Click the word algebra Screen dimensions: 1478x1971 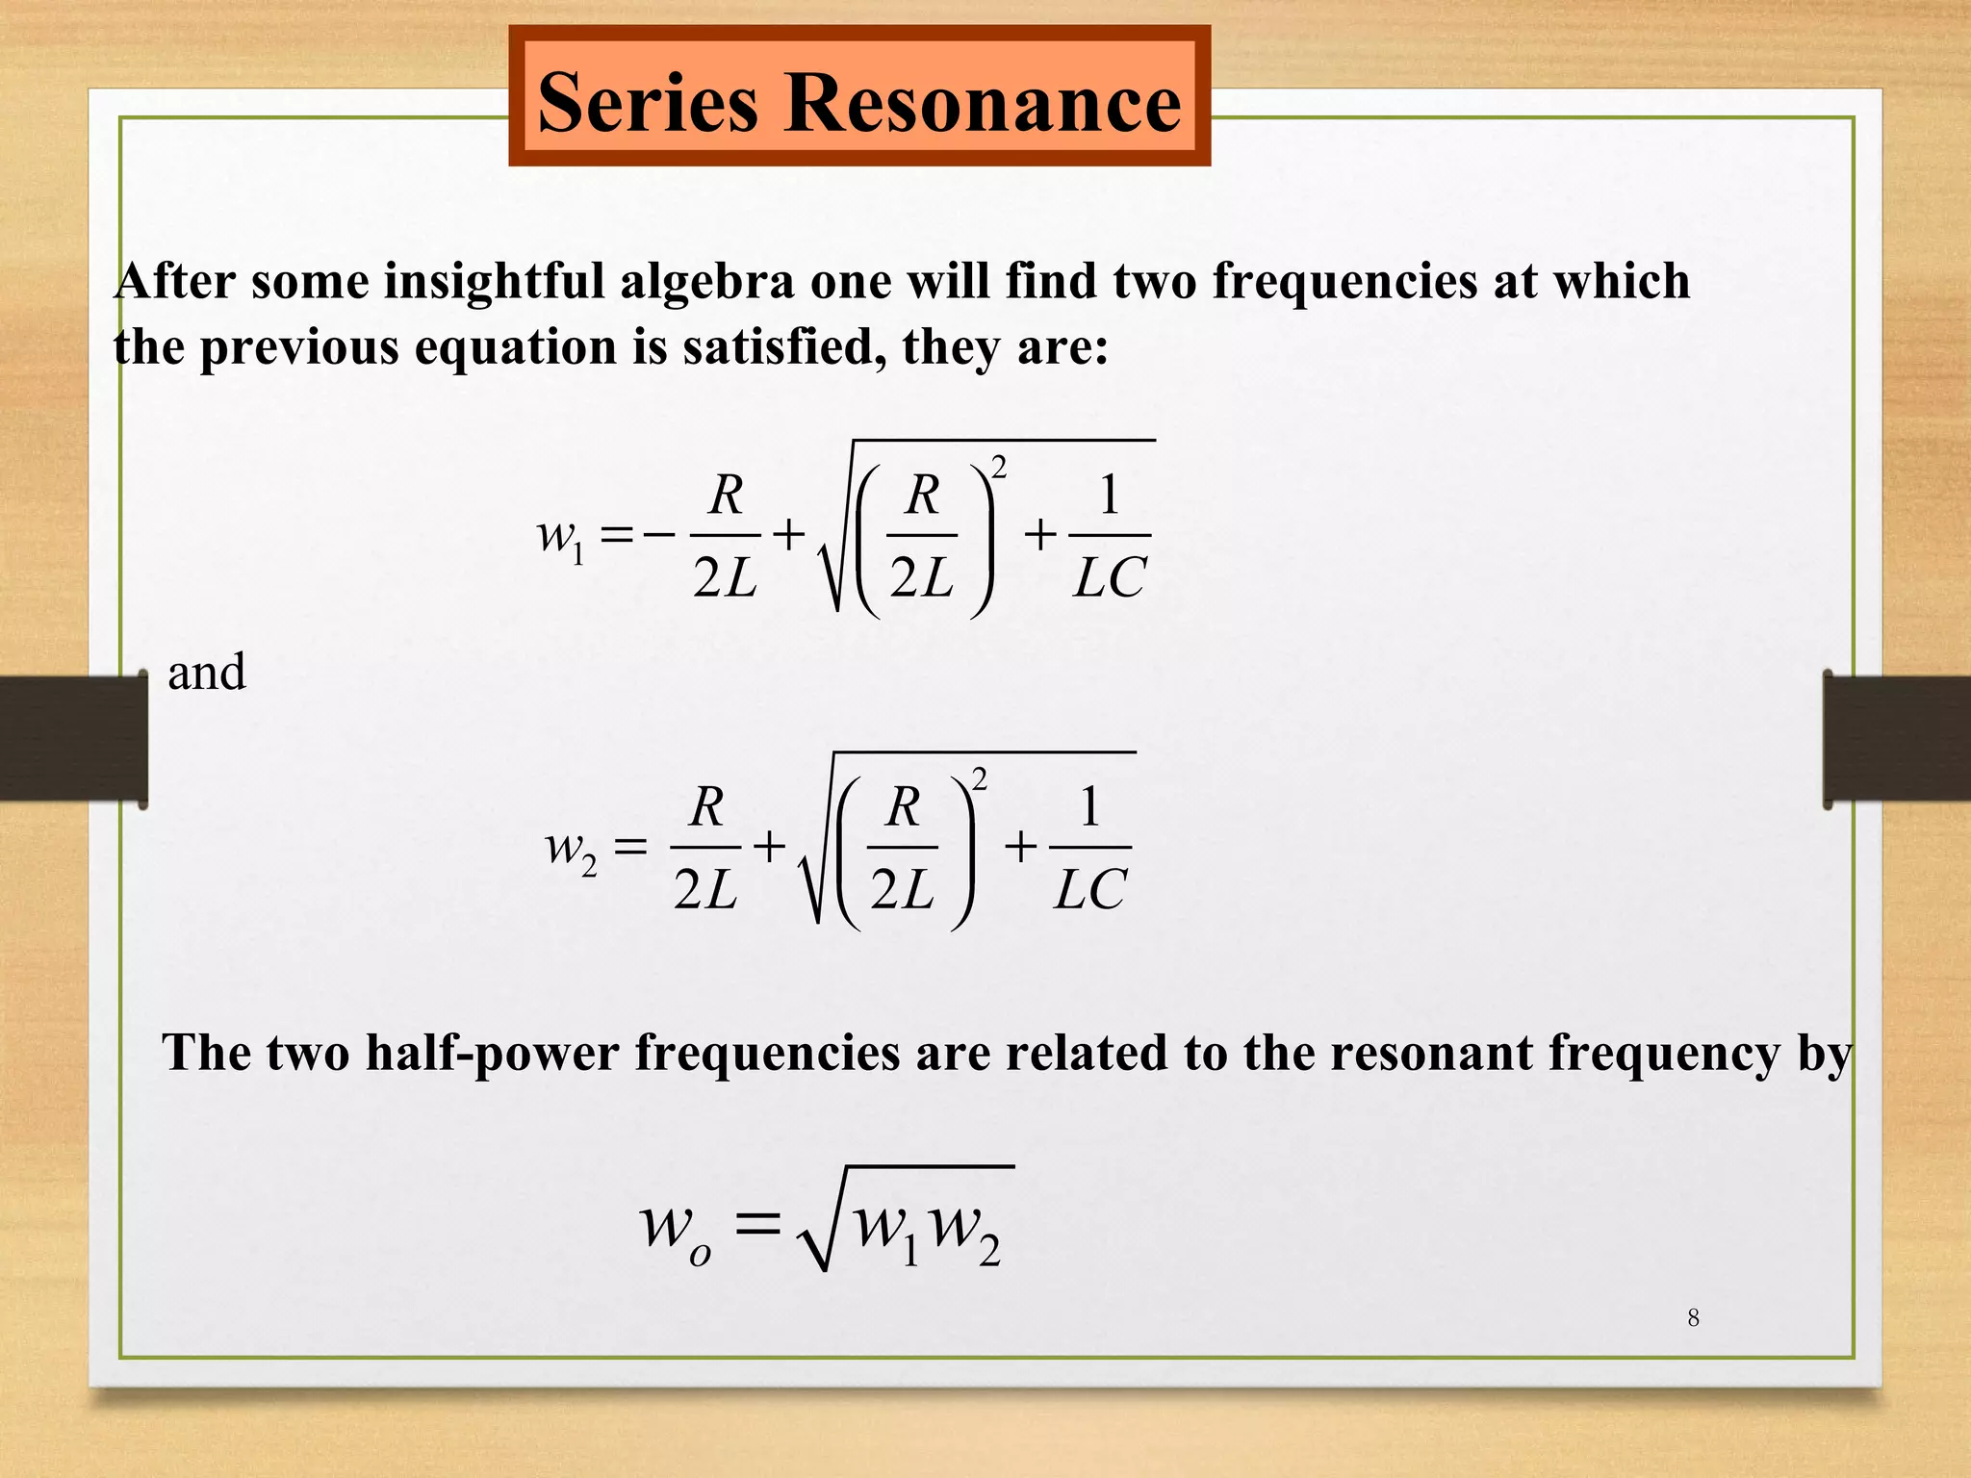[x=706, y=282]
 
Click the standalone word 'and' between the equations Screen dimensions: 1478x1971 [x=207, y=672]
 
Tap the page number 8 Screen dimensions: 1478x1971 [x=1693, y=1318]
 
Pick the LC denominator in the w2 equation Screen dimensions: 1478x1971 [x=1089, y=890]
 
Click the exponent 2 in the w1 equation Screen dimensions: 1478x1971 [x=999, y=468]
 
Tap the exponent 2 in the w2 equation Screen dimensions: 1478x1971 [x=980, y=778]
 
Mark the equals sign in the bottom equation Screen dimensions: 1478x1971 [x=756, y=1225]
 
